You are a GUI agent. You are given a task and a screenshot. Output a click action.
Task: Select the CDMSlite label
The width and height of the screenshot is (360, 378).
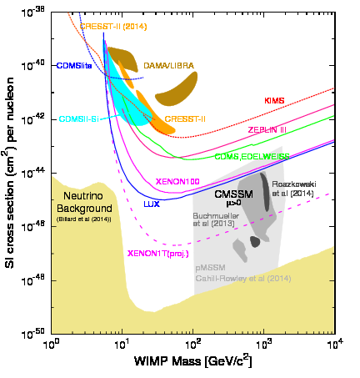click(x=73, y=65)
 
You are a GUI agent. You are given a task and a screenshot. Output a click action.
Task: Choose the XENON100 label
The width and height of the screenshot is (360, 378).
click(x=177, y=181)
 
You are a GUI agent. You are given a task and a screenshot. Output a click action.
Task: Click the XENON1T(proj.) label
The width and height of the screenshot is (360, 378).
click(x=157, y=253)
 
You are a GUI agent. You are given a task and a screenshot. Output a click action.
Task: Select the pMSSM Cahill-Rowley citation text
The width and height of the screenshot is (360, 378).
click(x=242, y=273)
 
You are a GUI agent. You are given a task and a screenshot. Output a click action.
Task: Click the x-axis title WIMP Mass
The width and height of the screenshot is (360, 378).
click(x=195, y=364)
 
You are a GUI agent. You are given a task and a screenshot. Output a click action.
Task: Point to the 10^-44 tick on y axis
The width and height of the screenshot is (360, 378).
click(x=35, y=172)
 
